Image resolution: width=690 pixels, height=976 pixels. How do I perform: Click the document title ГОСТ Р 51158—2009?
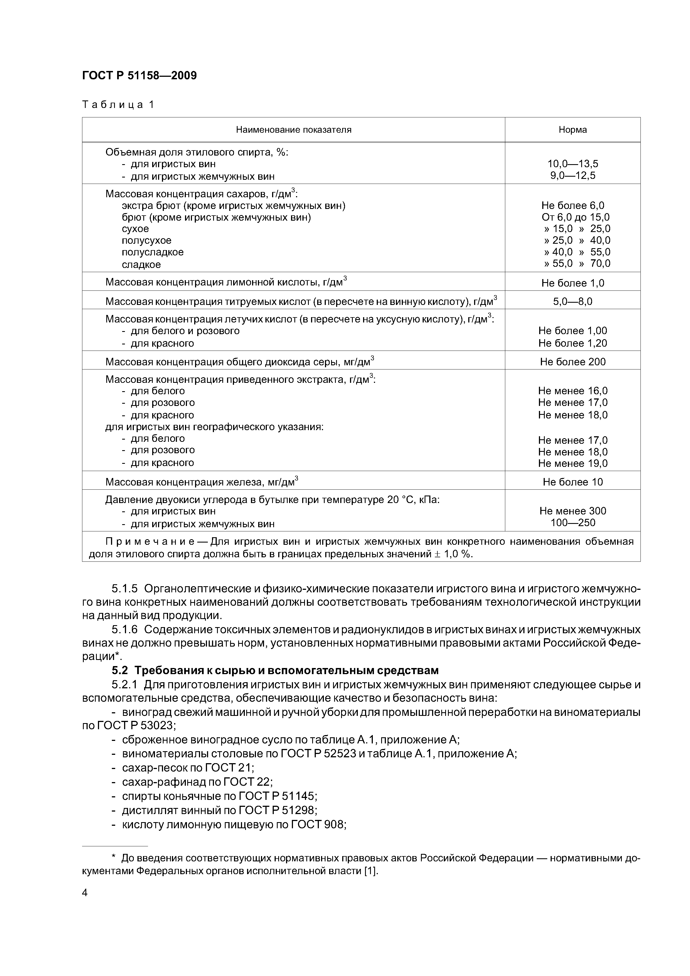pyautogui.click(x=139, y=76)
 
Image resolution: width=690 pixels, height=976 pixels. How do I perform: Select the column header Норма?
pyautogui.click(x=572, y=130)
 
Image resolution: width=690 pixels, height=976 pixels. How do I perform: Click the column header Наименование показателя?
pyautogui.click(x=293, y=130)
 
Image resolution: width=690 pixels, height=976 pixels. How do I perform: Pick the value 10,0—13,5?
pyautogui.click(x=572, y=164)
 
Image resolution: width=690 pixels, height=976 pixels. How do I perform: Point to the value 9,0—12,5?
pyautogui.click(x=572, y=176)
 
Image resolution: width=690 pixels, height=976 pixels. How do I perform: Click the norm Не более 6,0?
pyautogui.click(x=572, y=206)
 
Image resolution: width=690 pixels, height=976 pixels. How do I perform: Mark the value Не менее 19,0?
pyautogui.click(x=572, y=463)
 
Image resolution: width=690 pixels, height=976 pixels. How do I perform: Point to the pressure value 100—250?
pyautogui.click(x=572, y=522)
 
